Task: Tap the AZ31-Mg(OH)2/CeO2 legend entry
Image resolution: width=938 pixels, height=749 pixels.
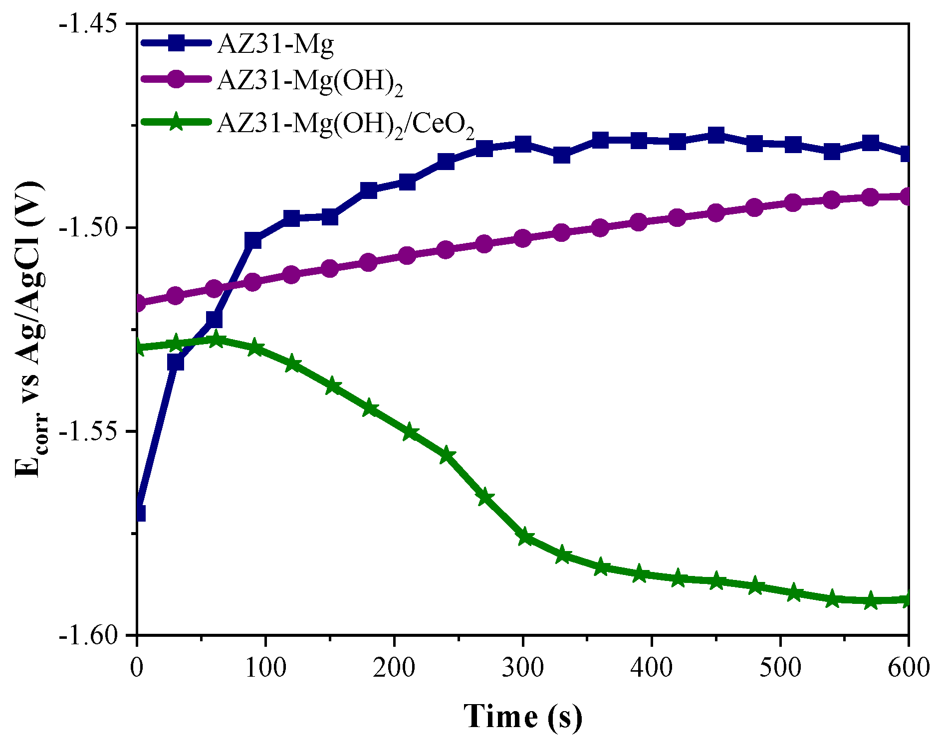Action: [345, 124]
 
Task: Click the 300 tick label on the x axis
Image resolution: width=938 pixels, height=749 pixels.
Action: [523, 667]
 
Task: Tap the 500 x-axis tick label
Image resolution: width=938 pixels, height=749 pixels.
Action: [780, 667]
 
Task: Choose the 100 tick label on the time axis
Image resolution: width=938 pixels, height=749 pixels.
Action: [265, 667]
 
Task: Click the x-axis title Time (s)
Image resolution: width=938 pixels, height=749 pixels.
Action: [522, 717]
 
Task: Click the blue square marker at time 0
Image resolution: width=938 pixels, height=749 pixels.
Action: [138, 513]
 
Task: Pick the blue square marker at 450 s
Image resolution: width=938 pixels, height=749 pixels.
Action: [716, 135]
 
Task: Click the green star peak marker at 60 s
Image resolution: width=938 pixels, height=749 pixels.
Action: [215, 340]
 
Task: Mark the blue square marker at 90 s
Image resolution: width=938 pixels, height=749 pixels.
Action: [253, 240]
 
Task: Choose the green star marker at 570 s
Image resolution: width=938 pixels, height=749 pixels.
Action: [870, 600]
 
